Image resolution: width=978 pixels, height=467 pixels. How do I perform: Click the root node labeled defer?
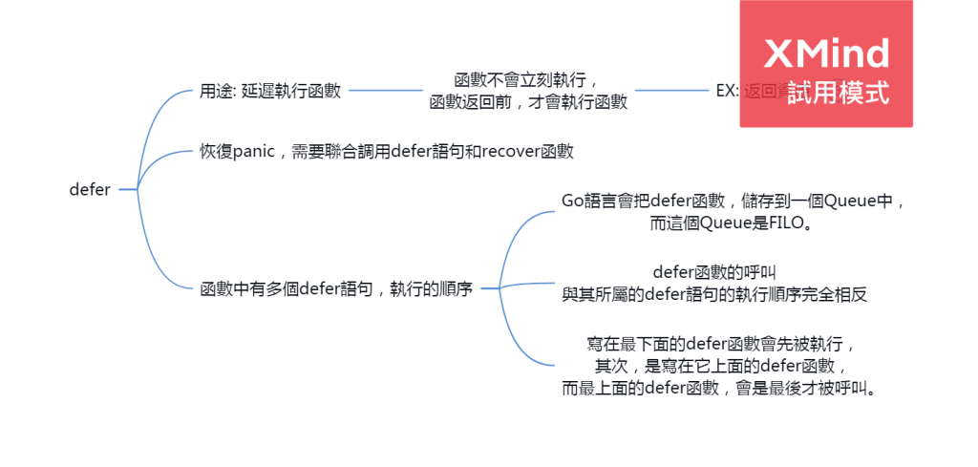[90, 190]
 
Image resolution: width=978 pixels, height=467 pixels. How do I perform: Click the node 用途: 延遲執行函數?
[270, 92]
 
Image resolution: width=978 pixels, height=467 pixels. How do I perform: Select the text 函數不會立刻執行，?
[526, 80]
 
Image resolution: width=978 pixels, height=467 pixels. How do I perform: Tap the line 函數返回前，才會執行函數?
[526, 102]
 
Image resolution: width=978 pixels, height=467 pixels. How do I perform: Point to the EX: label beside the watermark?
[728, 92]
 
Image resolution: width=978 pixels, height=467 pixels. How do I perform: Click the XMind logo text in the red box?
[827, 53]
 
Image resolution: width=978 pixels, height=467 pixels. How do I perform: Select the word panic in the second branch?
[254, 151]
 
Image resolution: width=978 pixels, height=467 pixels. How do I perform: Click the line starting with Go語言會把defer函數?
[733, 202]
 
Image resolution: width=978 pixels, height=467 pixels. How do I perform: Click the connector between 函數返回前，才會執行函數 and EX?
[673, 92]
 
